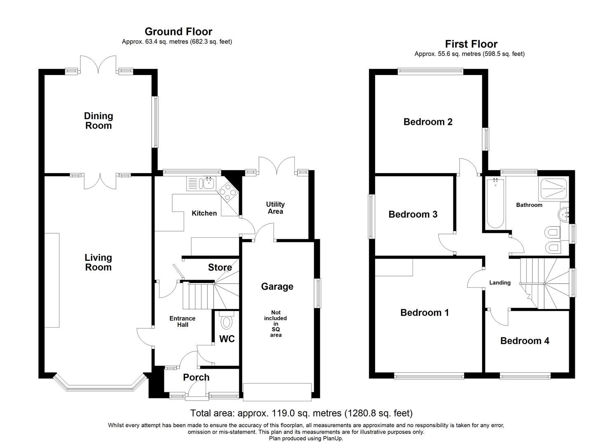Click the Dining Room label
tap(98, 121)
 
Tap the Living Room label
tap(98, 262)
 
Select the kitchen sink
tap(201, 183)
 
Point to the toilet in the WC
tap(227, 321)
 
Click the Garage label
tap(277, 286)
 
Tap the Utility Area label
tap(275, 208)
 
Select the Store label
tap(220, 267)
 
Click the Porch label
tap(196, 377)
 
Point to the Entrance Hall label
tap(183, 321)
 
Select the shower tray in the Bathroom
tap(553, 188)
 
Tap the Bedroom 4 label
tap(525, 341)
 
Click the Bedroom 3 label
tap(413, 214)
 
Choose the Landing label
tap(500, 283)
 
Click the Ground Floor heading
tap(178, 32)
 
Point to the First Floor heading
tap(471, 44)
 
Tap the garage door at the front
tap(277, 392)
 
